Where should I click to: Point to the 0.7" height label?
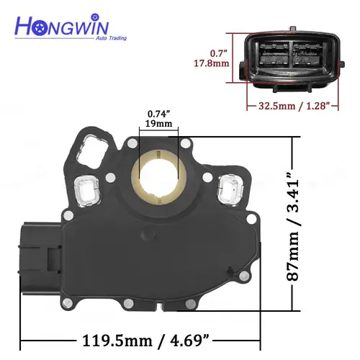coord(218,54)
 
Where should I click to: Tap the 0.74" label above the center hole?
coord(160,114)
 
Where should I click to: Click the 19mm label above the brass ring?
coord(160,124)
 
